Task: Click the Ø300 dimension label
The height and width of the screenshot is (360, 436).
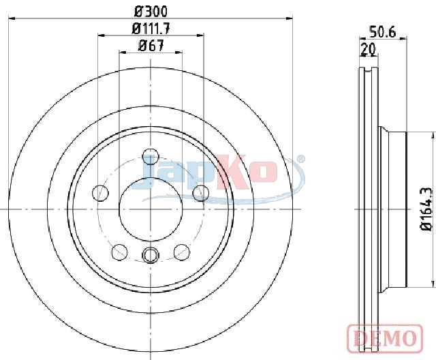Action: (x=151, y=12)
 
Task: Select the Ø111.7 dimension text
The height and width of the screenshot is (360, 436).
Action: (x=151, y=29)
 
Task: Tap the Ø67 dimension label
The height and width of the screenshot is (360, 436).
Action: (x=151, y=46)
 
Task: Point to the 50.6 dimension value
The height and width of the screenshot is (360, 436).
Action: (x=382, y=32)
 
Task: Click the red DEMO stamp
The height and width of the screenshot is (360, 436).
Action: (x=385, y=337)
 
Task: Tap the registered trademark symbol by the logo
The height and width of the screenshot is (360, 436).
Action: (x=300, y=159)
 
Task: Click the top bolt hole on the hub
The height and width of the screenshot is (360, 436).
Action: (x=151, y=156)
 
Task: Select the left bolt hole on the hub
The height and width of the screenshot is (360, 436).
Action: (x=100, y=193)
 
